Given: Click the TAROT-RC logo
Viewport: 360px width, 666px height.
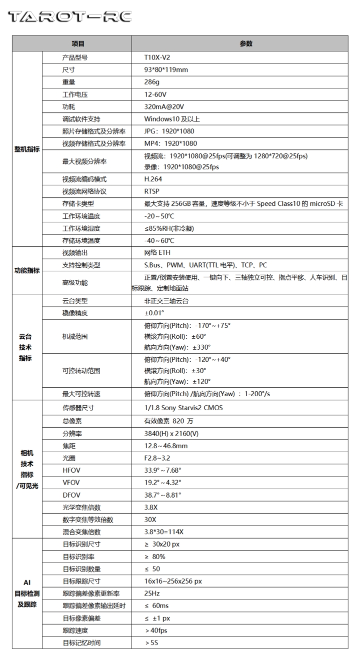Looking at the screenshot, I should [69, 17].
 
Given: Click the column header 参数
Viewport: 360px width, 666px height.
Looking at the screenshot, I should [246, 43].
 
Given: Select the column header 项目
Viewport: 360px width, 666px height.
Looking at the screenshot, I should [78, 43].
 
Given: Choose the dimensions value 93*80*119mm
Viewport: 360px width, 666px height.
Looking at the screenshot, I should [166, 70].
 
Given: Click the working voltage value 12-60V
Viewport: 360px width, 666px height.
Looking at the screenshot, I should [155, 94].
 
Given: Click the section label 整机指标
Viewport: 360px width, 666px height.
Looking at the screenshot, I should [27, 149].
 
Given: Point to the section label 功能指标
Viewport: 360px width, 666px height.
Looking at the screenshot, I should [27, 270].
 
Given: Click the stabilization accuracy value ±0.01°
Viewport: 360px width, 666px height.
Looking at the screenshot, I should [154, 313].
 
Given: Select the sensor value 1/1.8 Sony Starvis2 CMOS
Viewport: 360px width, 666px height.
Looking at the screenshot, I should [183, 408].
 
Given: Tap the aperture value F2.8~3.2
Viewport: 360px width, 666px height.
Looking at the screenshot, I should [157, 458].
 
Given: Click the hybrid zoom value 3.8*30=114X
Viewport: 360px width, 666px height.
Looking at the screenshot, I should [164, 532].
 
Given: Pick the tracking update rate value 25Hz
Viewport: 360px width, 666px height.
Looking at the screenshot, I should [152, 594].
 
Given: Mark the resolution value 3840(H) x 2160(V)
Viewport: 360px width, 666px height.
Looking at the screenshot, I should [171, 433].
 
